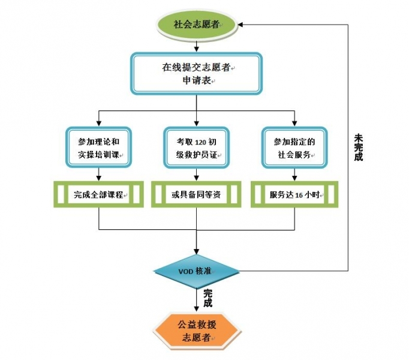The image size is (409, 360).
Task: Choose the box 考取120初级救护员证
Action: [196, 149]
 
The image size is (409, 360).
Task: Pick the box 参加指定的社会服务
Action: [294, 149]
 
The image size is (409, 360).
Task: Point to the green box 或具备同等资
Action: [196, 194]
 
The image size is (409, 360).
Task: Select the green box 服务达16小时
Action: [294, 194]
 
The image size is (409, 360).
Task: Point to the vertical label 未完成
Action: [357, 146]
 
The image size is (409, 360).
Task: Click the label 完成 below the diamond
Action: [207, 298]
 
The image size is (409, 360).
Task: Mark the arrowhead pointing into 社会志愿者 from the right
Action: [240, 25]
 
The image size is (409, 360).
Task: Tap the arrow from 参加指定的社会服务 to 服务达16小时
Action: [294, 174]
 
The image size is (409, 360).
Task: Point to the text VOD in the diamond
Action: [186, 271]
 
